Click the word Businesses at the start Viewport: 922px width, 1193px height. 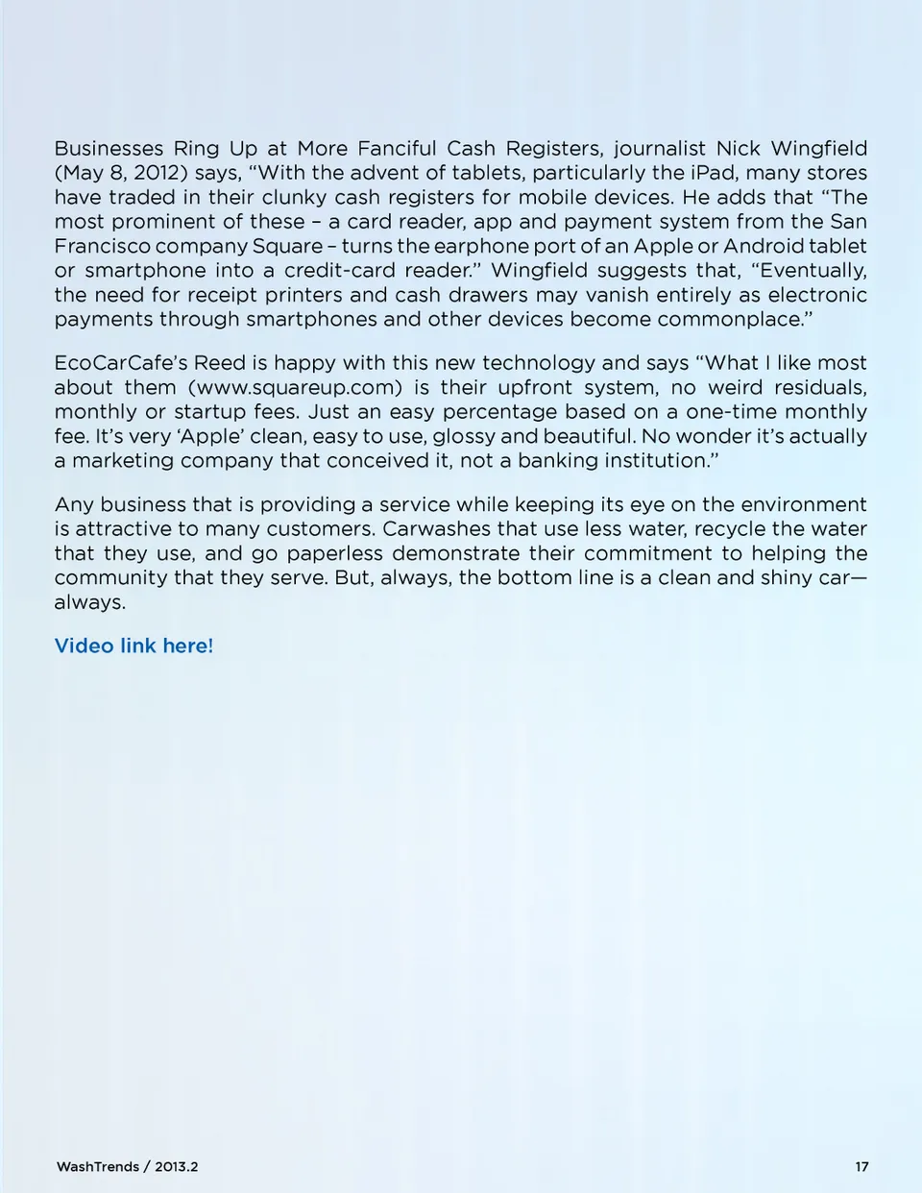[109, 149]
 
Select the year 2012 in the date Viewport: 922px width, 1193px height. [155, 173]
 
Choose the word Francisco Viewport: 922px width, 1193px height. [102, 247]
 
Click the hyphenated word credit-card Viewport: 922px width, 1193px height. [339, 271]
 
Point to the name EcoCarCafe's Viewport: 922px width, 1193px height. [120, 363]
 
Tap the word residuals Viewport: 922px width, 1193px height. [819, 388]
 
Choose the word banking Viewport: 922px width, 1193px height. [558, 461]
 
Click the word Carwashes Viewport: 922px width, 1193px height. [441, 529]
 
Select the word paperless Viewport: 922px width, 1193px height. [333, 554]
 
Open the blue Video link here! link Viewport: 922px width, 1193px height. [133, 646]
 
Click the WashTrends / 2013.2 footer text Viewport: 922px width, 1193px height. [127, 1167]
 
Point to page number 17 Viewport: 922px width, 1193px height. [861, 1167]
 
